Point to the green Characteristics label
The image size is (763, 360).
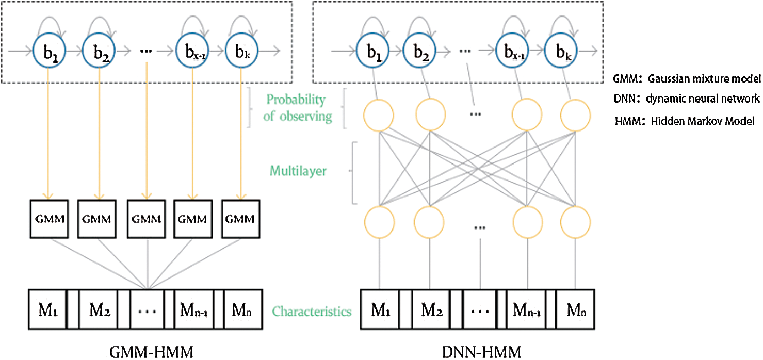click(312, 311)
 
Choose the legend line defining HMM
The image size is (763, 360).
click(685, 122)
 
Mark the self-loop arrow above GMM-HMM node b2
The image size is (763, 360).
click(98, 23)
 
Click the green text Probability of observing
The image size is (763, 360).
click(298, 108)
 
